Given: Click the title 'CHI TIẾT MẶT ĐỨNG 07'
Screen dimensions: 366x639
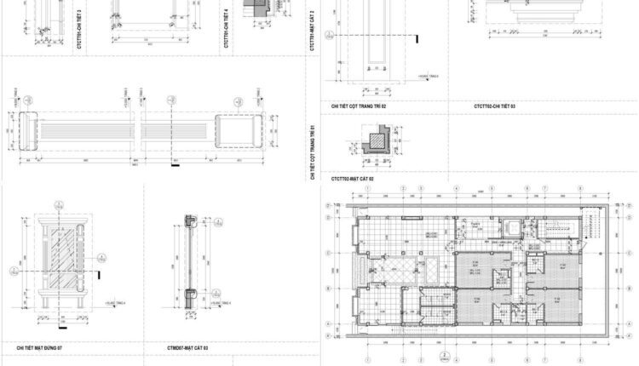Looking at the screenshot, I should [x=39, y=348].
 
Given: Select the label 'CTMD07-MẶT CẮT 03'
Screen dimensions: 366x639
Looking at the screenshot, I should [x=188, y=348].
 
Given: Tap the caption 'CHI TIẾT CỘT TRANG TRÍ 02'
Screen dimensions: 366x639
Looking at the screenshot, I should [x=360, y=106].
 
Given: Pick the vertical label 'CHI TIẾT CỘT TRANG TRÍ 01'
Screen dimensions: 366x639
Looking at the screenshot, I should [x=313, y=152].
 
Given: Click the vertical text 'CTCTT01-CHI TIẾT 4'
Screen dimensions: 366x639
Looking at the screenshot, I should [x=225, y=27].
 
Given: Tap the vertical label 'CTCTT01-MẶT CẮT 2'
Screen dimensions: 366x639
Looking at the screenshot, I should [x=313, y=30].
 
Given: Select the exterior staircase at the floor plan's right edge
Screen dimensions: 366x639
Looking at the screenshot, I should [x=593, y=224].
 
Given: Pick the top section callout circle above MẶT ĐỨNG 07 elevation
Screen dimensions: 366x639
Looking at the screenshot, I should [x=60, y=204].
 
